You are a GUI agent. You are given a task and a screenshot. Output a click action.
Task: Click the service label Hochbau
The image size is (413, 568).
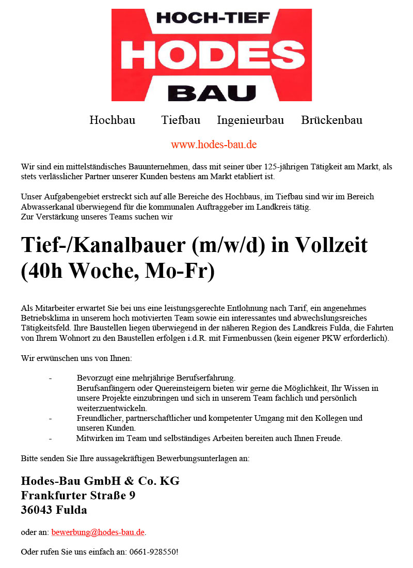point(112,120)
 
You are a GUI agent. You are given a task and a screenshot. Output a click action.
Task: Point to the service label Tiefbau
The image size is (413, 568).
point(181,120)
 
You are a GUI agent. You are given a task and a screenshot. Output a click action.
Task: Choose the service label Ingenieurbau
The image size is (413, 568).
point(250,120)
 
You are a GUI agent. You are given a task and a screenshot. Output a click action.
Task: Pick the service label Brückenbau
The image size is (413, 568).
point(331,120)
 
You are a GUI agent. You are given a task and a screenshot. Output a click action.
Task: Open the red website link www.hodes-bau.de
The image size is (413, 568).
point(214,145)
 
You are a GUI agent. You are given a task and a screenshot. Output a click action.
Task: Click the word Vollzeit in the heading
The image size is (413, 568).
point(331,245)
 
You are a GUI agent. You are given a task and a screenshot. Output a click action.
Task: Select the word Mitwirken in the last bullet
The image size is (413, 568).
point(94,438)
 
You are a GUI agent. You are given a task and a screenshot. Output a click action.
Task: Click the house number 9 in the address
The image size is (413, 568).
point(132,496)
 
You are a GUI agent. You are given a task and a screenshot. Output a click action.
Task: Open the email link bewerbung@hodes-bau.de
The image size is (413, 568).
point(98,532)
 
